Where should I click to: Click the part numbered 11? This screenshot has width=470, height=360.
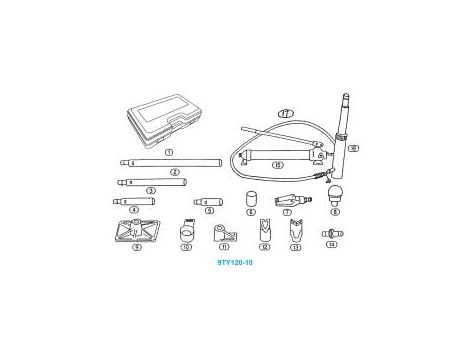pos(223,235)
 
